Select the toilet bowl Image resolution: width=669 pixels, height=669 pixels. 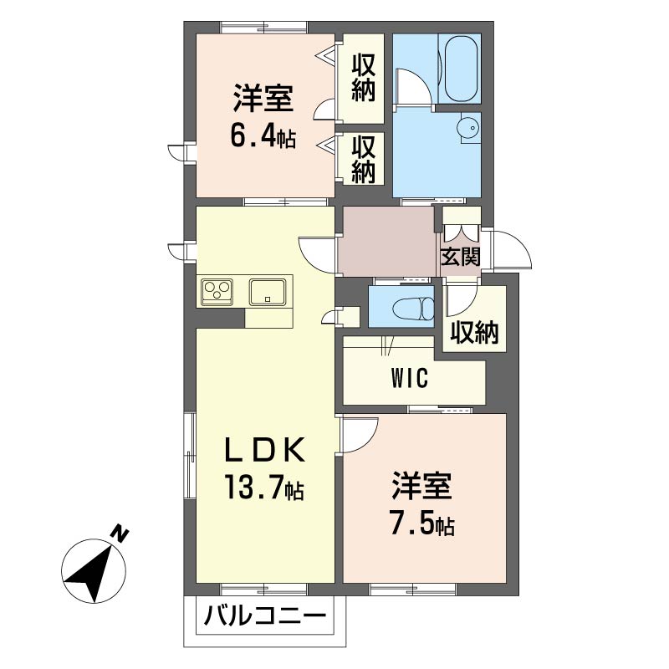click(411, 308)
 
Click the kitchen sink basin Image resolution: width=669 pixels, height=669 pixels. click(268, 292)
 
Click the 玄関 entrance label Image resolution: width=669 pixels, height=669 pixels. click(461, 257)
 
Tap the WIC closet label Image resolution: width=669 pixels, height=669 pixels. click(409, 377)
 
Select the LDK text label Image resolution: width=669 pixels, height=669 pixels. click(265, 450)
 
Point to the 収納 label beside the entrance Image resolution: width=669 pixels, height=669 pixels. click(474, 332)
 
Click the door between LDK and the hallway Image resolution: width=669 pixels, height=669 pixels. click(318, 254)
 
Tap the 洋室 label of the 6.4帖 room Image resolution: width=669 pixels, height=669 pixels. click(263, 99)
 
